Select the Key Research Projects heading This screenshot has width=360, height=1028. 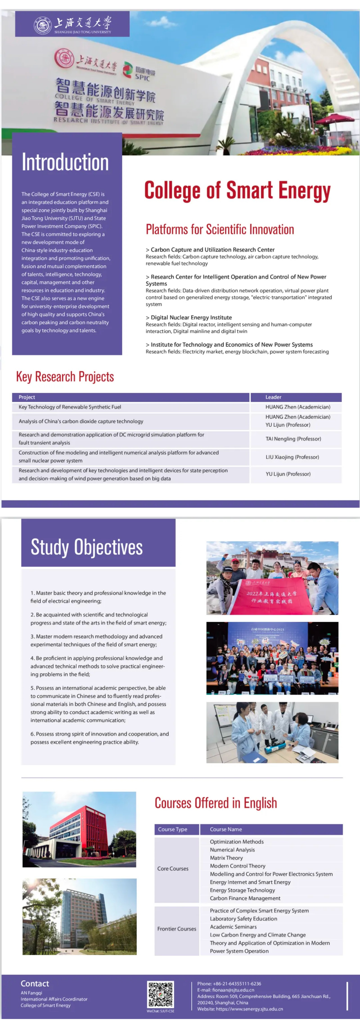65,376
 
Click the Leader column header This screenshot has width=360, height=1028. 273,397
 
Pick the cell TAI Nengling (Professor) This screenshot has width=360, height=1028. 293,439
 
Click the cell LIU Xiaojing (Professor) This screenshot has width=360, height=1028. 292,457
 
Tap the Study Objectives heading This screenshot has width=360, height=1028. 87,547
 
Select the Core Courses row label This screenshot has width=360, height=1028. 173,868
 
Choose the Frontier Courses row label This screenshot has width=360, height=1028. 177,929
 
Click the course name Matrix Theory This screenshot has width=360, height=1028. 226,858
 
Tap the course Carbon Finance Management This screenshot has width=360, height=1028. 245,898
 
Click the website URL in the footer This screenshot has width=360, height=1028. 250,1009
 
